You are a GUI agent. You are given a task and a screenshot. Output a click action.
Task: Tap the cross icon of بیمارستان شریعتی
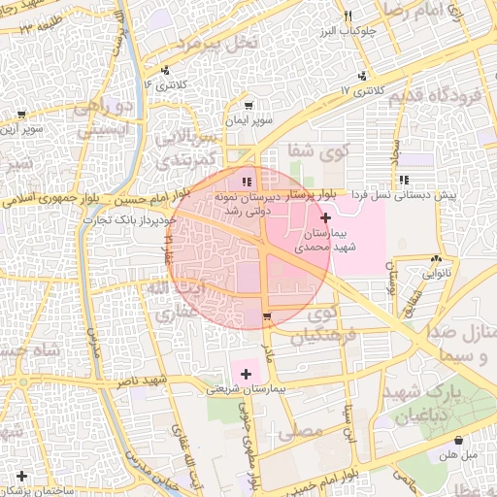[246, 374]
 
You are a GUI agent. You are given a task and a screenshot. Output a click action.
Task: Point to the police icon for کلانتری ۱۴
[166, 70]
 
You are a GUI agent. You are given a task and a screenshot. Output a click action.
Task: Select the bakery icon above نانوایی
[436, 259]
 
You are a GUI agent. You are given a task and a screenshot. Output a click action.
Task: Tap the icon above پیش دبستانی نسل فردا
[404, 180]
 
